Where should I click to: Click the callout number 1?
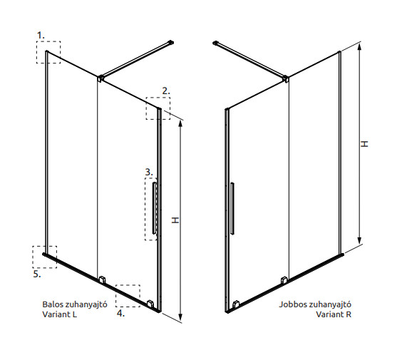pos(41,36)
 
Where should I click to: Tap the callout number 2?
pos(166,91)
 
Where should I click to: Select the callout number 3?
pos(149,172)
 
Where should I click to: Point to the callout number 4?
pos(120,313)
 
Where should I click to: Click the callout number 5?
pos(37,274)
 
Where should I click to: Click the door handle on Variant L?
pos(154,208)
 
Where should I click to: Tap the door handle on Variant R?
pos(232,208)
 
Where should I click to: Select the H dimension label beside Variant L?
pos(175,220)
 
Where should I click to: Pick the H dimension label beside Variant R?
pos(364,144)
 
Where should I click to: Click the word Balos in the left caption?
pos(53,304)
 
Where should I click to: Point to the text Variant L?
pos(59,314)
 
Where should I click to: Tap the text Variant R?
pos(334,314)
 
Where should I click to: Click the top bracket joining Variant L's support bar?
pos(100,78)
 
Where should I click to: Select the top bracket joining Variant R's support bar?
pos(286,78)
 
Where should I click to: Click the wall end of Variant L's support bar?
pos(171,42)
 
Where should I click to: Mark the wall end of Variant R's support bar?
pos(215,43)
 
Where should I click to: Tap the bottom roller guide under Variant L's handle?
pos(150,303)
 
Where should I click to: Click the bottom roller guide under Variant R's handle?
pos(236,304)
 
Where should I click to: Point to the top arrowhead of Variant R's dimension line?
pos(359,46)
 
